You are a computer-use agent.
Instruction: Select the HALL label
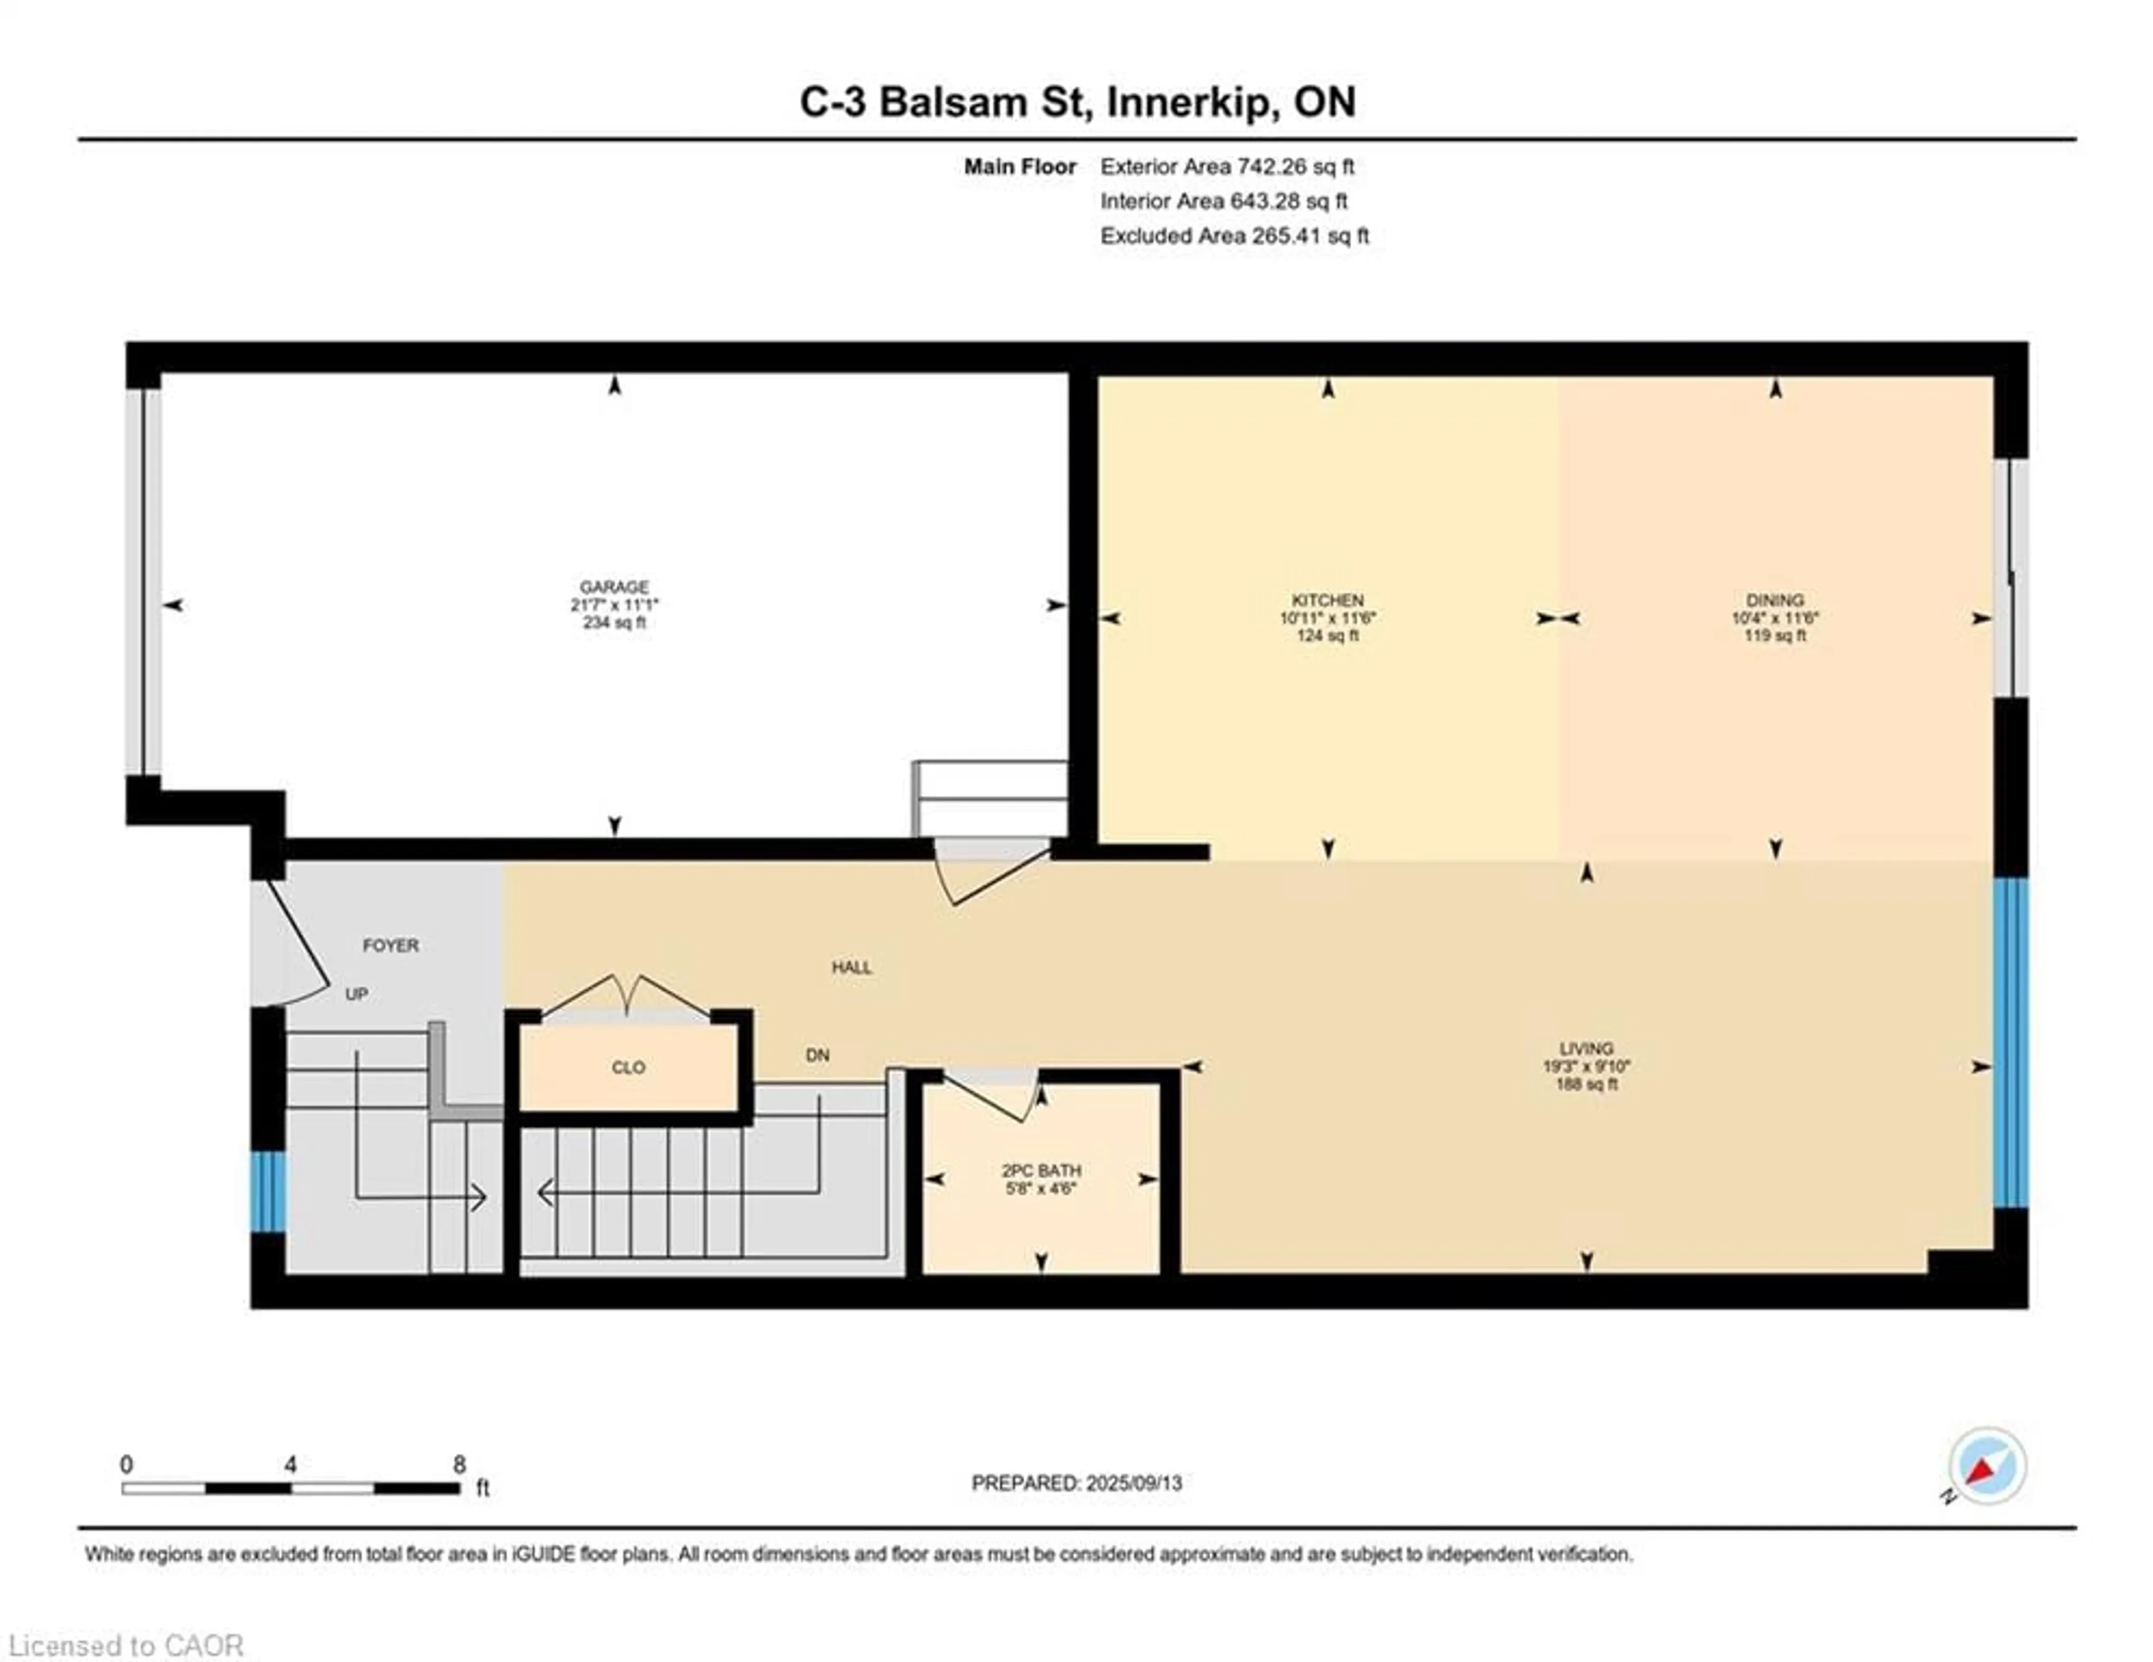tap(851, 968)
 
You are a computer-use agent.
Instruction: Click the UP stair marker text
tap(356, 994)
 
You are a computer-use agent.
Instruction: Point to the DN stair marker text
tap(817, 1055)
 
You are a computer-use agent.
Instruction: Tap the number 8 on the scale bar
tap(459, 1465)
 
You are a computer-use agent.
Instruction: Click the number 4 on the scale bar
tap(290, 1465)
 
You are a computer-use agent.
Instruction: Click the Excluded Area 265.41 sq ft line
tap(1234, 236)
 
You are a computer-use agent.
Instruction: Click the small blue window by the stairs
tap(267, 1192)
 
